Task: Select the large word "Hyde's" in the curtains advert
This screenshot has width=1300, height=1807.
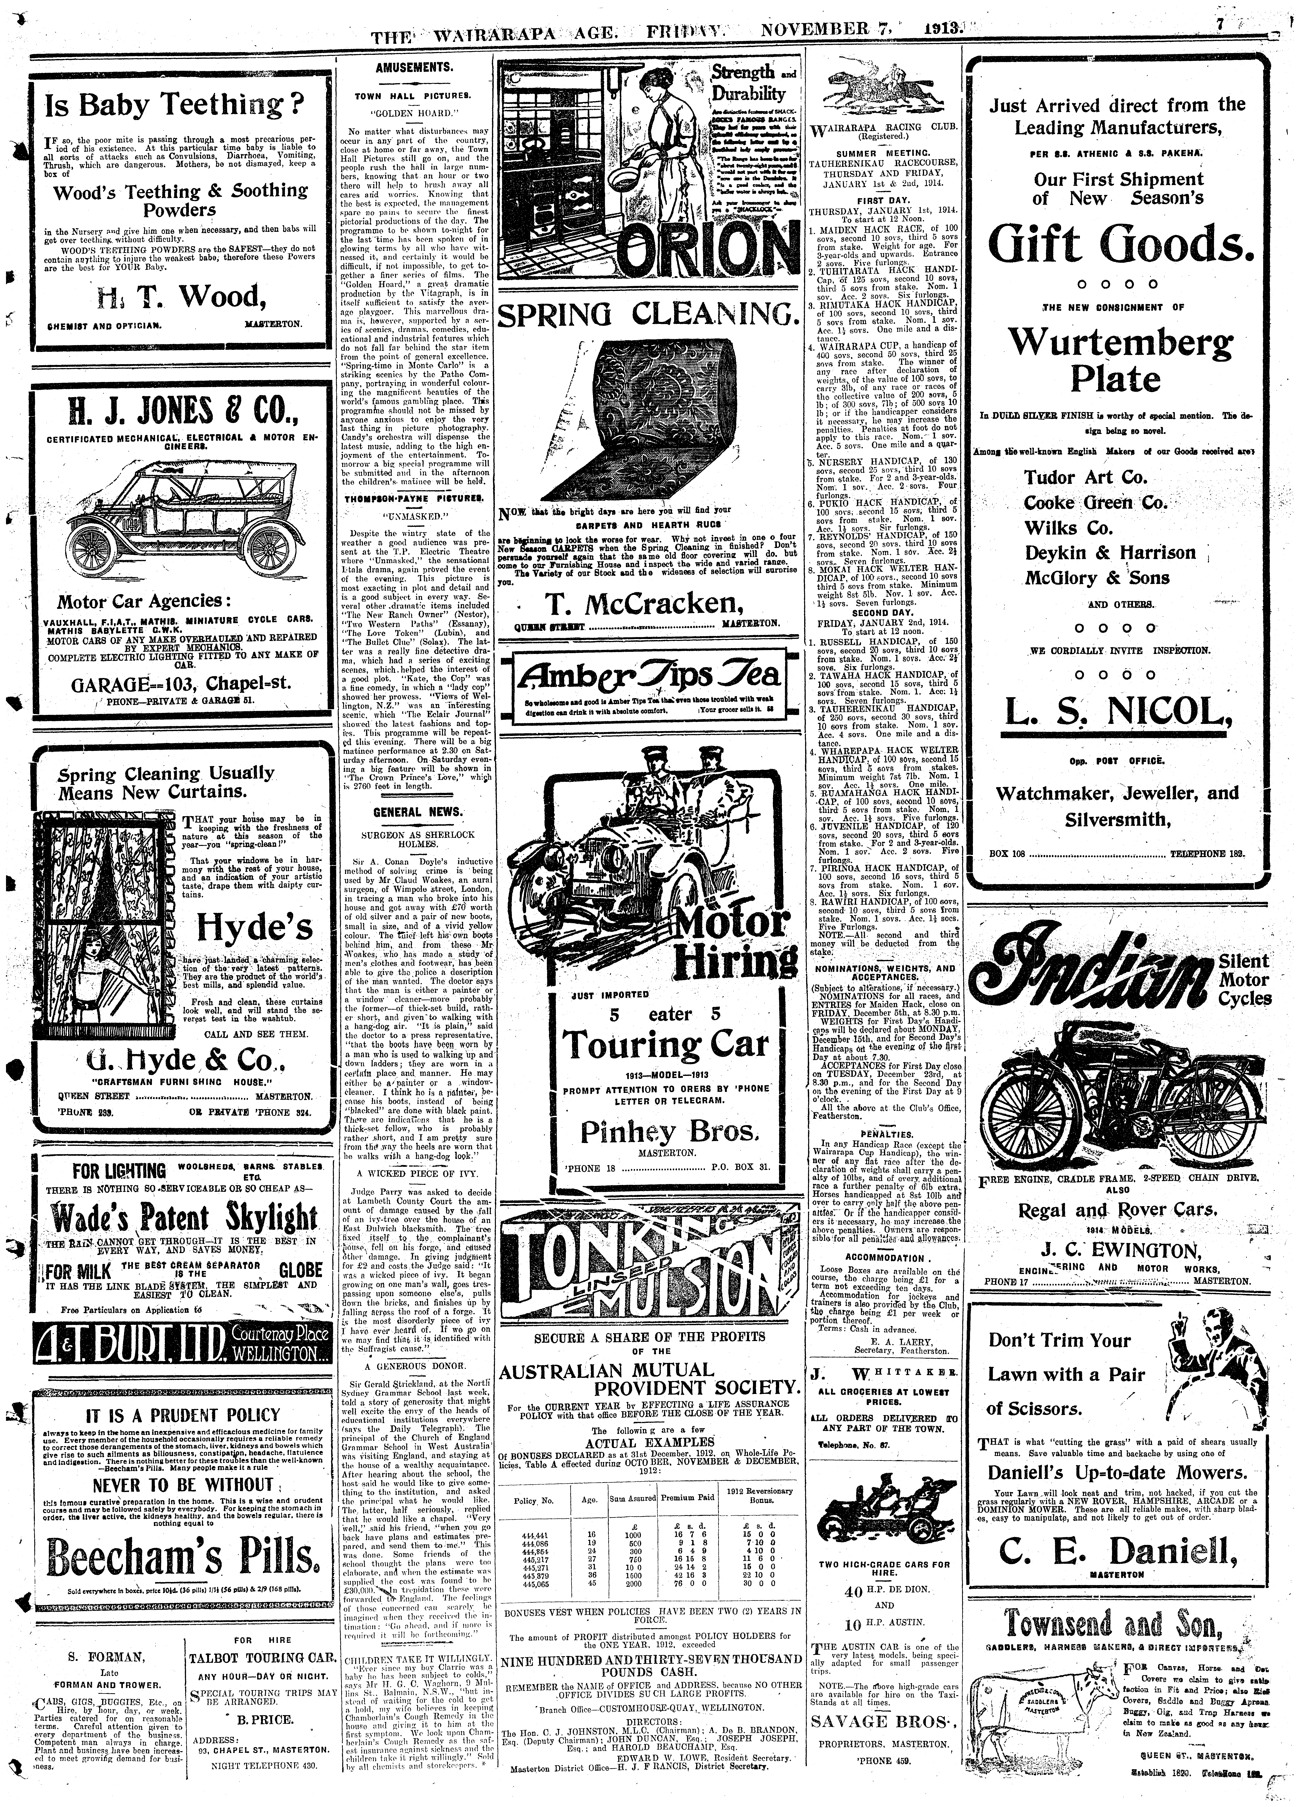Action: pyautogui.click(x=255, y=926)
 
